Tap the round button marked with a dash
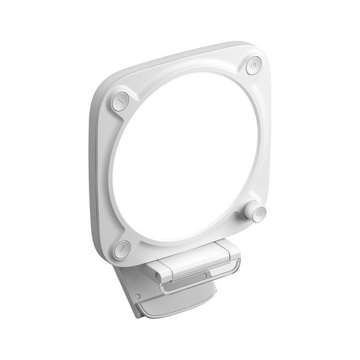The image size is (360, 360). [x=121, y=101]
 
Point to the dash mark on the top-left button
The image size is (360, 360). [x=121, y=101]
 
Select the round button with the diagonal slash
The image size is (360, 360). [x=122, y=247]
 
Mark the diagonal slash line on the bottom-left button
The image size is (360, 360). [x=122, y=247]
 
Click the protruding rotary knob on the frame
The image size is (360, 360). [x=256, y=212]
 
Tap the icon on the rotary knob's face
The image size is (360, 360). [x=259, y=212]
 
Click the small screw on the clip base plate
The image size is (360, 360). [x=137, y=296]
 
